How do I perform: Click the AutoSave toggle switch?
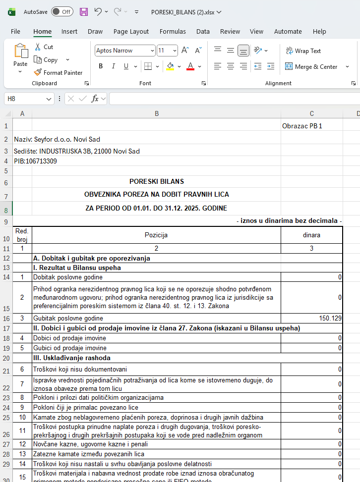click(61, 11)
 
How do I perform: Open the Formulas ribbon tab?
click(173, 31)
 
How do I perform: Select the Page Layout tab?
click(131, 31)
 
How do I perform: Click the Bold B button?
click(101, 66)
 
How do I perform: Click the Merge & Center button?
click(311, 66)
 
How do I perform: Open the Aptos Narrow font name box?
click(124, 51)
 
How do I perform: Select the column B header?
click(157, 113)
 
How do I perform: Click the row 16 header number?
click(6, 318)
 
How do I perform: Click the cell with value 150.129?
click(311, 318)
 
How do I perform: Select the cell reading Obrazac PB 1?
click(302, 126)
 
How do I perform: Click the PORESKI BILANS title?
click(157, 181)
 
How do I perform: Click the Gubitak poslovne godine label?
click(68, 318)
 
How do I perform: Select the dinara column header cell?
click(311, 235)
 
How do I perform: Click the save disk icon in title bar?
click(84, 11)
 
